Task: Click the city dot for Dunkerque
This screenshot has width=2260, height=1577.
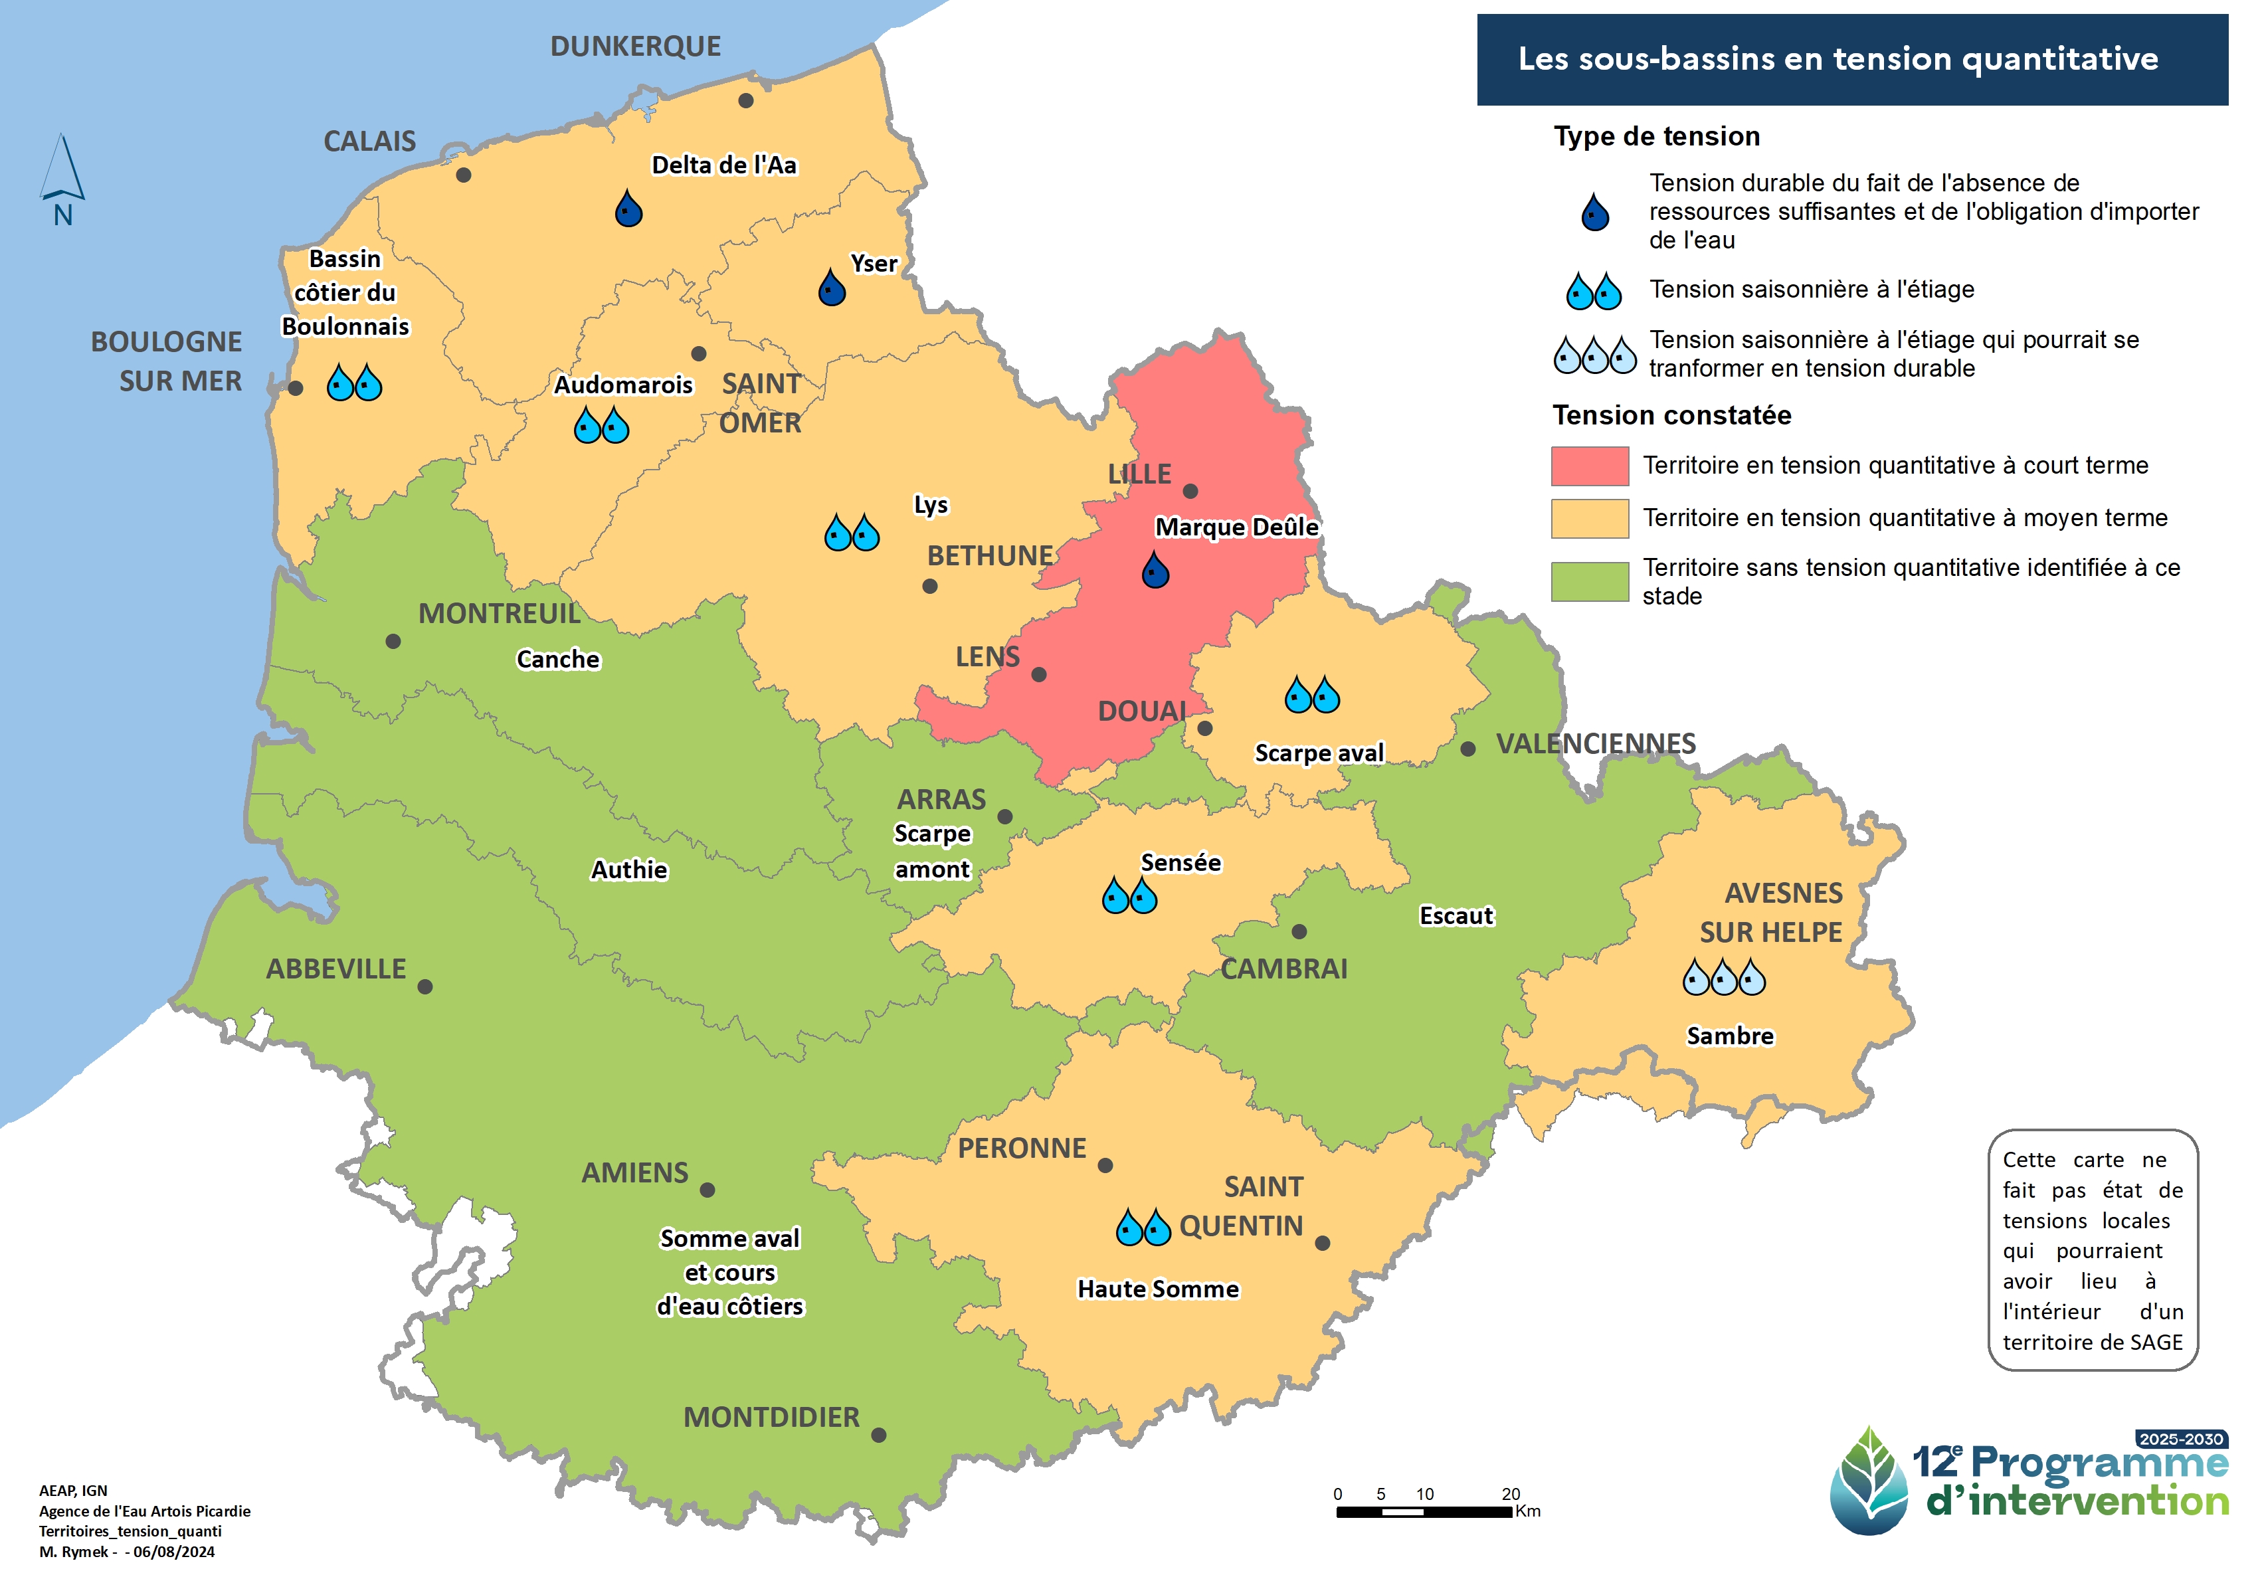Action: (x=745, y=100)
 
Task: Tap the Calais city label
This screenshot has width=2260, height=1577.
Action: (x=369, y=141)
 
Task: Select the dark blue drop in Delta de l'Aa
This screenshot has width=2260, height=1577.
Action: (x=628, y=209)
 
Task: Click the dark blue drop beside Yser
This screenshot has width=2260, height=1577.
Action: (x=832, y=288)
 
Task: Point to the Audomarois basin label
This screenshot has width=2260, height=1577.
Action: (x=623, y=385)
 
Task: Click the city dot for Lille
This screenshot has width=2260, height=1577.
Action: (x=1189, y=491)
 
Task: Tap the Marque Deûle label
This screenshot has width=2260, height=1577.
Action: (x=1236, y=527)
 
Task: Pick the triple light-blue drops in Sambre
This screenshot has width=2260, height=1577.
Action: (x=1723, y=978)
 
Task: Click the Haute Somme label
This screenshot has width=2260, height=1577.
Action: (x=1157, y=1289)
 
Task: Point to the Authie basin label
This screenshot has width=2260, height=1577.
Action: (x=629, y=870)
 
